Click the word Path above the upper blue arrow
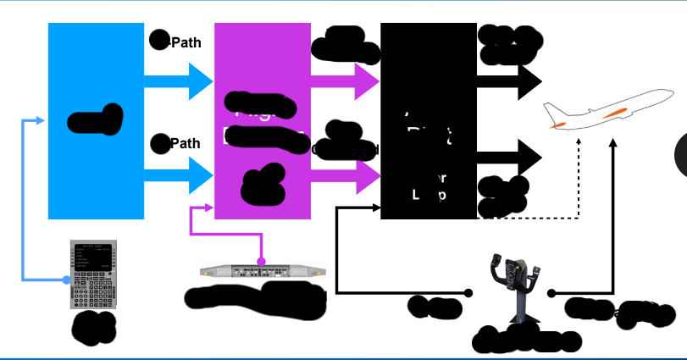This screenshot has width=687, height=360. coord(186,42)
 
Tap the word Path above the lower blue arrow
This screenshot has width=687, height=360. coord(186,143)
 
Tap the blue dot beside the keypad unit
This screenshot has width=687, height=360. coord(66,279)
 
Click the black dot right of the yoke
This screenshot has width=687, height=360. coord(551,293)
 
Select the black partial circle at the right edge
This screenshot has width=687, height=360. coord(680,154)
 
